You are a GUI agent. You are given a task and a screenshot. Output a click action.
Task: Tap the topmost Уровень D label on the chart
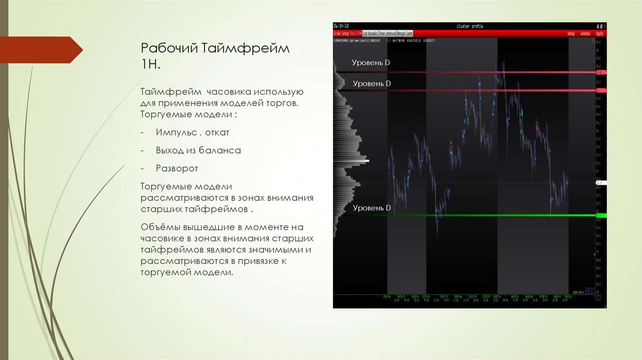tap(371, 63)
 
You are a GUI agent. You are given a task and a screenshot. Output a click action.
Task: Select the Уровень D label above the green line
tap(371, 208)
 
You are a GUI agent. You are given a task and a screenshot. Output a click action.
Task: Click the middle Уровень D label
tap(371, 83)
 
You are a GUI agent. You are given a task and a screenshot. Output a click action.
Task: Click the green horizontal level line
tap(489, 216)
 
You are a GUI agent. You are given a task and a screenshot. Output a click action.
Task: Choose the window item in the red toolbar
tap(584, 33)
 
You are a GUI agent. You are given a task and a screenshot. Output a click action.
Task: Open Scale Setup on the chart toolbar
tap(340, 33)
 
